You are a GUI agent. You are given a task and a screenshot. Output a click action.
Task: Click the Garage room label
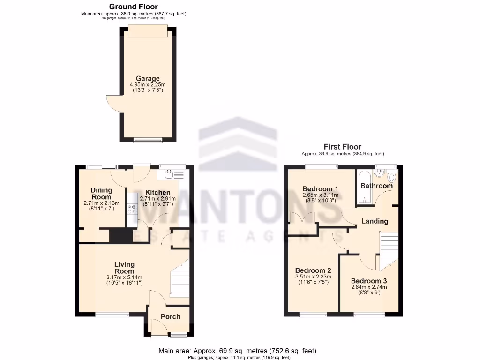point(148,78)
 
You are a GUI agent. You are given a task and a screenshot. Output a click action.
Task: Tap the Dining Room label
point(101,194)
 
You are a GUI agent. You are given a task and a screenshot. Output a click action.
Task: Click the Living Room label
point(124,268)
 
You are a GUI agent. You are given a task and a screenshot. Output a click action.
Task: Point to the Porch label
point(170,316)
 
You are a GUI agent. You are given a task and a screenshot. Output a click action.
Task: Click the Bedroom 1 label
point(320,189)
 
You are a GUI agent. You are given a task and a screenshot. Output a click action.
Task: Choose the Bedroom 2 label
point(313,270)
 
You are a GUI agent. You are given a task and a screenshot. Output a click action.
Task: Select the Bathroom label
point(376,186)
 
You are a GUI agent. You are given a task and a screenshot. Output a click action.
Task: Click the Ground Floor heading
point(134,7)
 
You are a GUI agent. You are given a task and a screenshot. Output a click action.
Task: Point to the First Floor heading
point(343,147)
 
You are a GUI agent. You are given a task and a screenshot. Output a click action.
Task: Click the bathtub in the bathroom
point(365,187)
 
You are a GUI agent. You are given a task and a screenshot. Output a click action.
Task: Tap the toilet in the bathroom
point(392,178)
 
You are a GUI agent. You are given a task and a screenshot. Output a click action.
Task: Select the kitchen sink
point(173,175)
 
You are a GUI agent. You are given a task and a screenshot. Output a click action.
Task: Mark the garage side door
point(114,103)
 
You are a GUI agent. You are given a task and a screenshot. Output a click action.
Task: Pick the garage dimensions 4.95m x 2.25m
point(148,85)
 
